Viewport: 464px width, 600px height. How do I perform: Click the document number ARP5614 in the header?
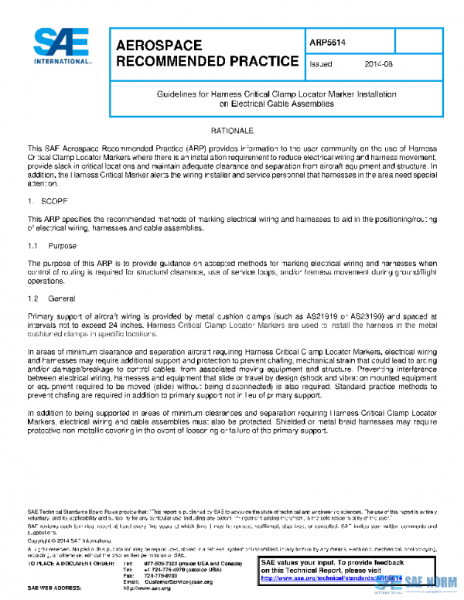click(326, 44)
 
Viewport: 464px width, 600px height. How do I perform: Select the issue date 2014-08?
click(377, 64)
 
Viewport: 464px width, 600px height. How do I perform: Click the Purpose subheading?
click(62, 245)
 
